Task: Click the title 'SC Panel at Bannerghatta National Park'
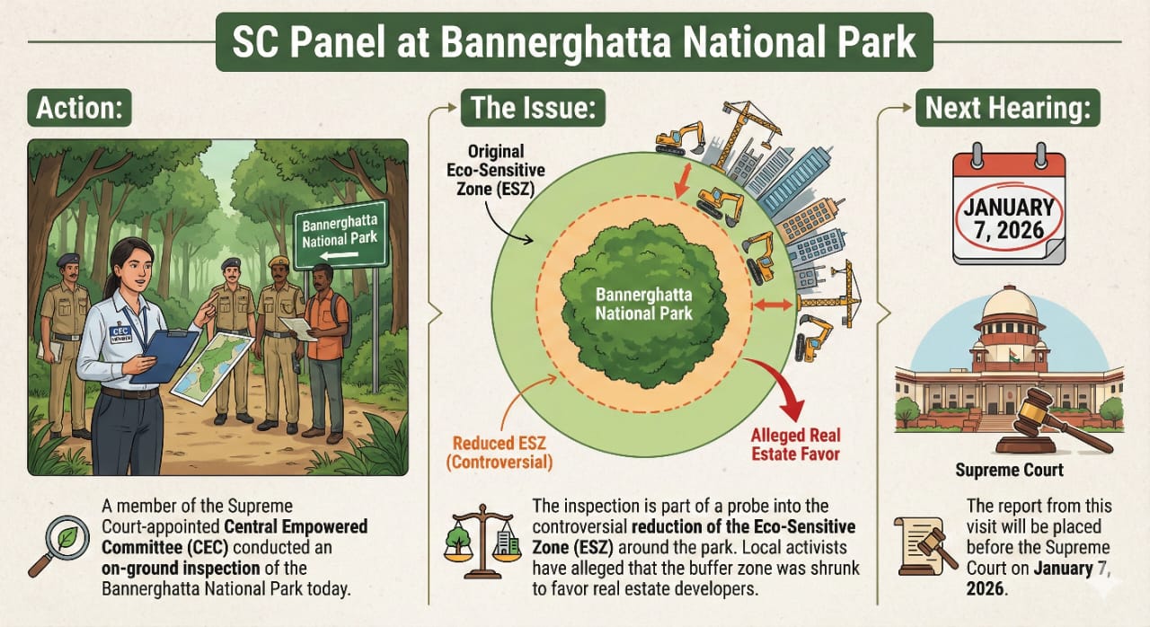(574, 42)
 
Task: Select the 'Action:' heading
(79, 110)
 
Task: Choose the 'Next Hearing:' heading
(1009, 110)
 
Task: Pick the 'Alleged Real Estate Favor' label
(795, 445)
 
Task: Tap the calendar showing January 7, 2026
(1009, 208)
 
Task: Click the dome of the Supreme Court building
(1010, 310)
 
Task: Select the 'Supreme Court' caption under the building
(1009, 470)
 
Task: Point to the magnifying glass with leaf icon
(57, 544)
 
